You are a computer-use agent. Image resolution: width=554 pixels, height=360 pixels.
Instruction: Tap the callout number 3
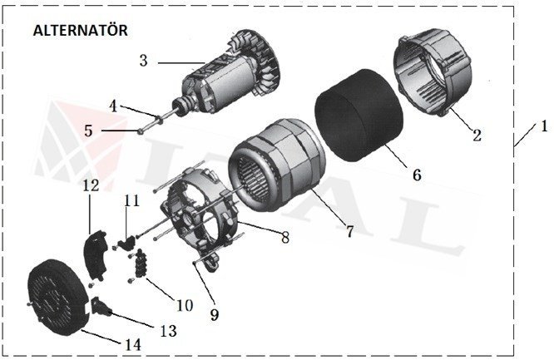pyautogui.click(x=144, y=62)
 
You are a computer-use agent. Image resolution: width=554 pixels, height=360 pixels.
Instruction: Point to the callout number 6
pyautogui.click(x=416, y=175)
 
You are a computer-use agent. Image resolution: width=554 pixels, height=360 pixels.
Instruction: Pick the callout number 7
pyautogui.click(x=349, y=231)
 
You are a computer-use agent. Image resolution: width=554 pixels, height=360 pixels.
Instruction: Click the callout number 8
pyautogui.click(x=284, y=238)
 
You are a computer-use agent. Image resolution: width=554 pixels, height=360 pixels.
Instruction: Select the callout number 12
pyautogui.click(x=89, y=190)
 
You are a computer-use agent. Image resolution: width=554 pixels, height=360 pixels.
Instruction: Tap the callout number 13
pyautogui.click(x=167, y=331)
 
